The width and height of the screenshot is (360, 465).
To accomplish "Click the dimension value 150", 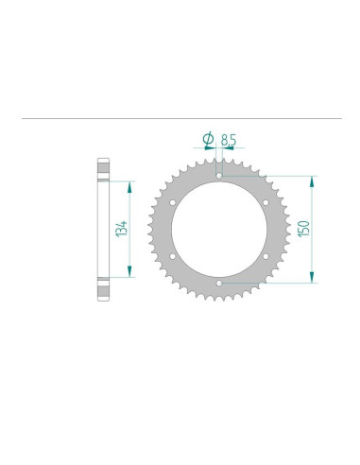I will click(x=303, y=228).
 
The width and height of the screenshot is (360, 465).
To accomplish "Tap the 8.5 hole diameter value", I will click(x=228, y=140).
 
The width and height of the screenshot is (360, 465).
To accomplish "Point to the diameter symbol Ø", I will click(x=207, y=140).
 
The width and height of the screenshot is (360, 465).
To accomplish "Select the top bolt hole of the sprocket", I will click(x=219, y=175).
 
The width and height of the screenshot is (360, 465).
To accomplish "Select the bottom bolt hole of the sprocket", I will click(x=219, y=282).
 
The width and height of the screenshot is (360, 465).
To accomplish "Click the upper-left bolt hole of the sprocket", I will click(x=173, y=201).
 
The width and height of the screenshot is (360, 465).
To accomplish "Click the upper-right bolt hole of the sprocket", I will click(x=266, y=201).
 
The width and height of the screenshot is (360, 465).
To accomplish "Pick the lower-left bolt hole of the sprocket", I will click(x=173, y=255).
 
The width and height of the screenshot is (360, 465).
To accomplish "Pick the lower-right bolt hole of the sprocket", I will click(x=266, y=255).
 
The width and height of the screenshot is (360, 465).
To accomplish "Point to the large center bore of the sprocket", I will click(x=219, y=229).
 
